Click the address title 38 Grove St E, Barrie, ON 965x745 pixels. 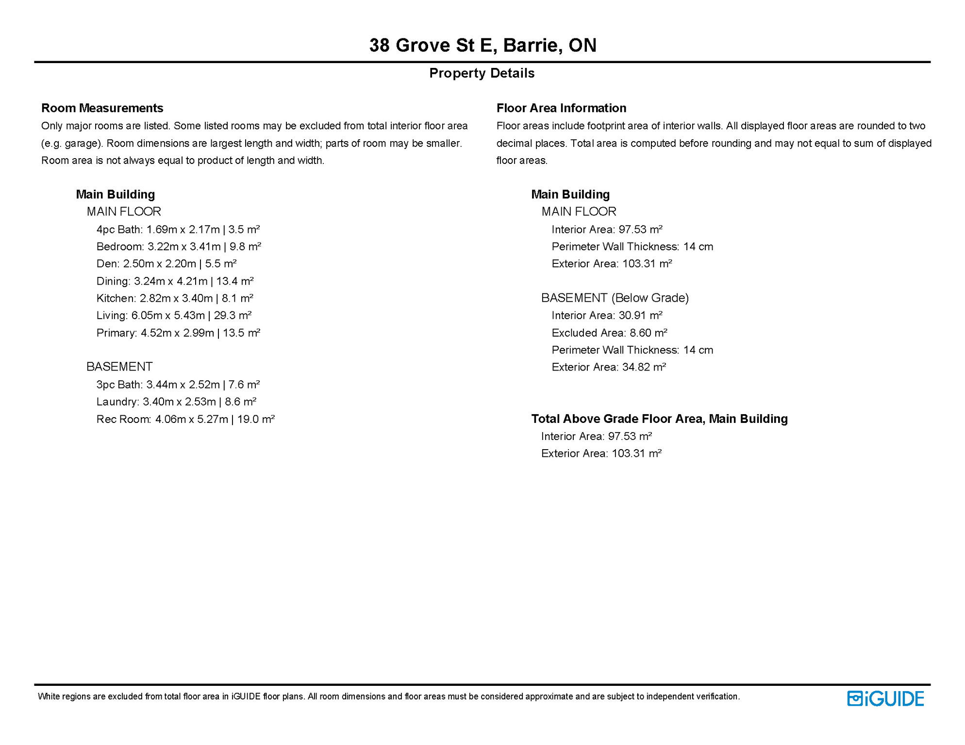coord(482,45)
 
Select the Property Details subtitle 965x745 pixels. coord(482,73)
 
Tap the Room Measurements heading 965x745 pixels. coord(102,108)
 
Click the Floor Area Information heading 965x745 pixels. coord(561,108)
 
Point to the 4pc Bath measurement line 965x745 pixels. coord(178,229)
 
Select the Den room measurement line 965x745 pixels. coord(166,264)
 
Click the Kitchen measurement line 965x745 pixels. coord(175,298)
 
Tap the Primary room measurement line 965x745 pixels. coord(178,333)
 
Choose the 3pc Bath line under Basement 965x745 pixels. coord(178,385)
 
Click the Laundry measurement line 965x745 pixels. coord(176,402)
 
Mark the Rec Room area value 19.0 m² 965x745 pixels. coord(256,419)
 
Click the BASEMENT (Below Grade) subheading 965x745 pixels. coord(615,298)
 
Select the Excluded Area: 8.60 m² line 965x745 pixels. coord(609,333)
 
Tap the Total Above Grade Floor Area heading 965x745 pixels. coord(659,419)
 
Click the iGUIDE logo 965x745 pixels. coord(885,698)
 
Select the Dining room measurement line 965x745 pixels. coord(175,281)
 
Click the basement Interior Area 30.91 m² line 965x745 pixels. coord(607,316)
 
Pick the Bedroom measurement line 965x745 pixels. coord(179,247)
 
